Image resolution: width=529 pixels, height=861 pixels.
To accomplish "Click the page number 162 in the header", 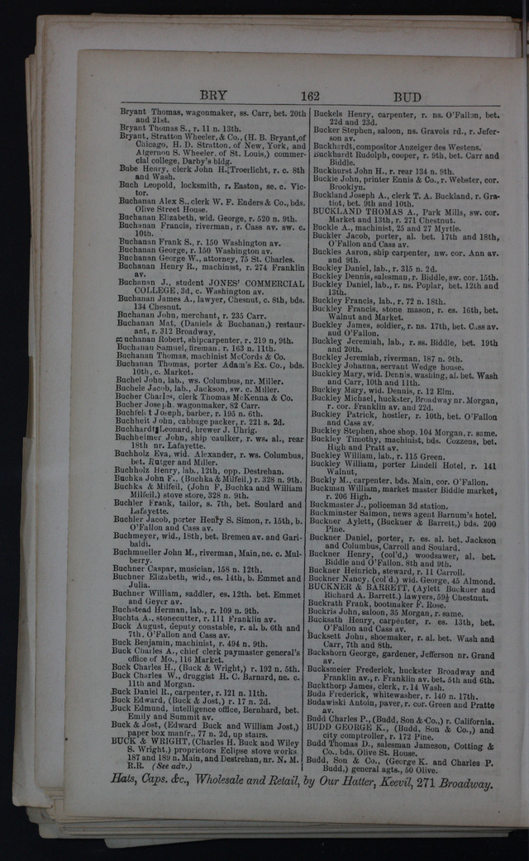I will coord(310,95).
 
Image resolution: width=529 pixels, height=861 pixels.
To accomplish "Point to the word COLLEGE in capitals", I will coord(155,291).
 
